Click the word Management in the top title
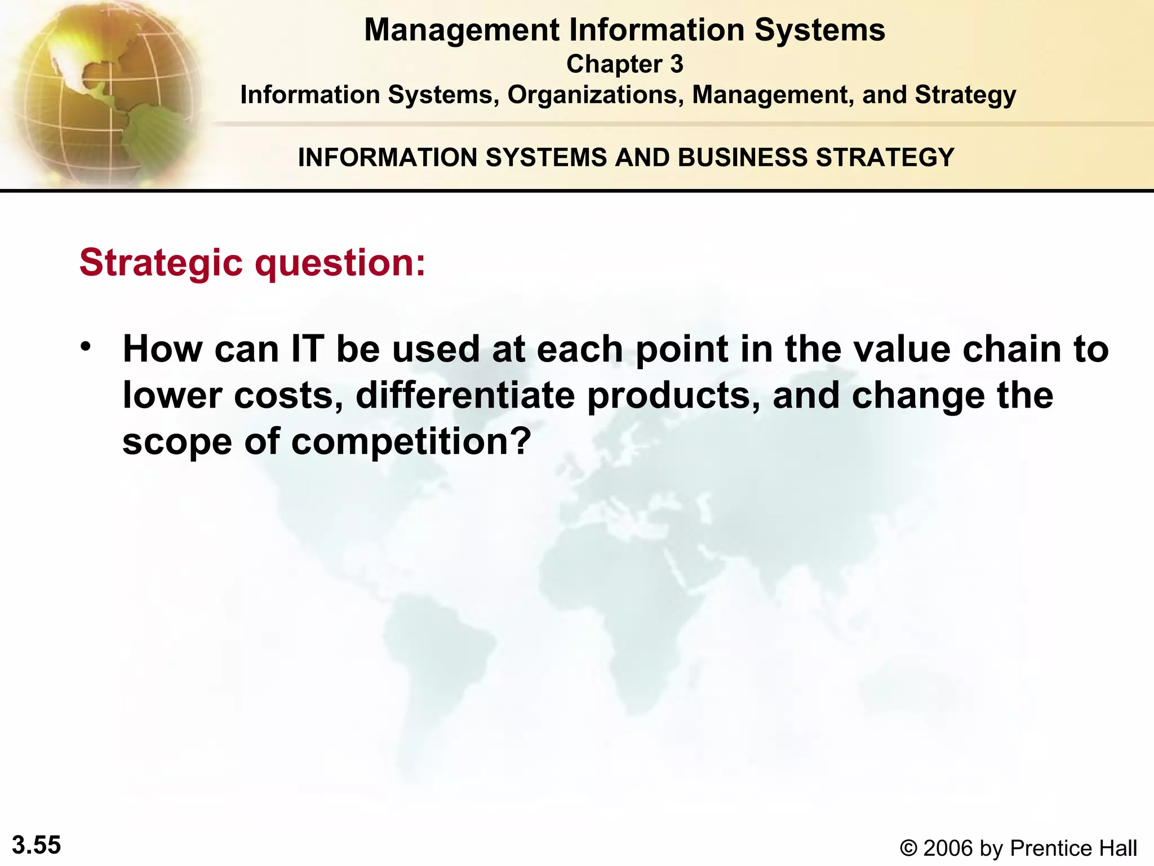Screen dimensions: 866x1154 [461, 30]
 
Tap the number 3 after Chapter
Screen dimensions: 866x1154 [676, 64]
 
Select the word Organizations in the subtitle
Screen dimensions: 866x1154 [593, 95]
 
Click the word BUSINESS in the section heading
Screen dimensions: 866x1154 [743, 157]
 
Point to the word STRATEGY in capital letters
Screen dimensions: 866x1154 [885, 157]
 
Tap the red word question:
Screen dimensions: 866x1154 [340, 263]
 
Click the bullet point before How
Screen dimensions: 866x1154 [85, 346]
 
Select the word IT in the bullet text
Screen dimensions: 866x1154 [308, 349]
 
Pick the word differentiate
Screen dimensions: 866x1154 [465, 395]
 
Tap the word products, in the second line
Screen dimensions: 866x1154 [674, 395]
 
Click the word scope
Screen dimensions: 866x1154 [177, 441]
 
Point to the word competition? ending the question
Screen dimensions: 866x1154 [411, 441]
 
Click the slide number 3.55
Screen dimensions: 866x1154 [37, 845]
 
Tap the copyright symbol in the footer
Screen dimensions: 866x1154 [908, 848]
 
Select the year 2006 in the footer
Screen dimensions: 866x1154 [948, 848]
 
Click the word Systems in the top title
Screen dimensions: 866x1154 [820, 30]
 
